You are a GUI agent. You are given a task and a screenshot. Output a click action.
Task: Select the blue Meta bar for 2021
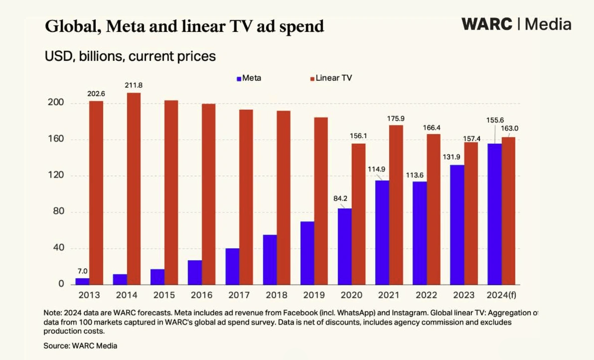click(x=382, y=232)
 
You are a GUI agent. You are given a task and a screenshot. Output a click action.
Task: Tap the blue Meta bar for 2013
click(x=83, y=281)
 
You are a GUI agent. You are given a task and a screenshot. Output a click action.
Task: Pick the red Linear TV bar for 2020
click(x=359, y=214)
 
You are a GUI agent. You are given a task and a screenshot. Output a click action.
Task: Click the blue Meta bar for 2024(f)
click(x=494, y=214)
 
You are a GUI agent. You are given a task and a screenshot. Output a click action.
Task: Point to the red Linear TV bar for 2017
click(x=246, y=197)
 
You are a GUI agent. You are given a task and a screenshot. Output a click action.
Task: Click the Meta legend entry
click(x=249, y=78)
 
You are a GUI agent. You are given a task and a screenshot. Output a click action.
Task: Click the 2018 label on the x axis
click(x=277, y=295)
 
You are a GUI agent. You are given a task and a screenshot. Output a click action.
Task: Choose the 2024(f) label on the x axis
click(x=501, y=295)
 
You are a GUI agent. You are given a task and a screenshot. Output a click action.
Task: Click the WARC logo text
click(x=487, y=24)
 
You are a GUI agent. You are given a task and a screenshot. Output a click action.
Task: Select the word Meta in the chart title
click(x=128, y=26)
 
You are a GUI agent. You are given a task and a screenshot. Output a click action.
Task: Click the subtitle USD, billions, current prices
click(x=130, y=56)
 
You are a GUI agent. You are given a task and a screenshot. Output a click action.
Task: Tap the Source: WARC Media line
click(x=81, y=345)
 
